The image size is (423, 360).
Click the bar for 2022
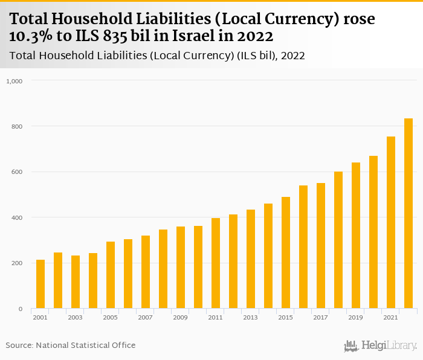408,214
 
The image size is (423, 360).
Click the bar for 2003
76,282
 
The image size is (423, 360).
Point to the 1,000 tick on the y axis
14,81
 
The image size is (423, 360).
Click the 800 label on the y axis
16,126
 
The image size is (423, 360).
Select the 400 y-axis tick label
16,217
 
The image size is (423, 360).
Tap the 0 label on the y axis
20,309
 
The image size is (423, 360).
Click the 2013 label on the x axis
250,317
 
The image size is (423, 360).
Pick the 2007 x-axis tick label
145,317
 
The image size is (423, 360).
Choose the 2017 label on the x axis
320,317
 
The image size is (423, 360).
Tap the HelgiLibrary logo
380,346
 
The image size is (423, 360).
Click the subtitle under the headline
157,56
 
